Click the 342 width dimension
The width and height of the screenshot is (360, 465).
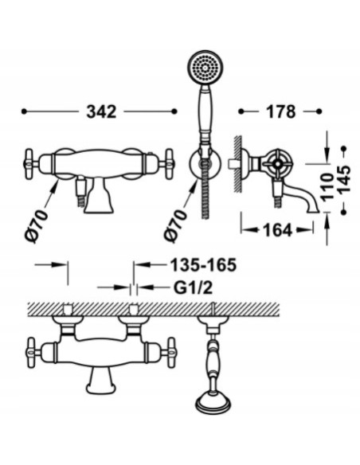(x=101, y=112)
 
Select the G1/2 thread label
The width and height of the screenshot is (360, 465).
(x=196, y=287)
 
